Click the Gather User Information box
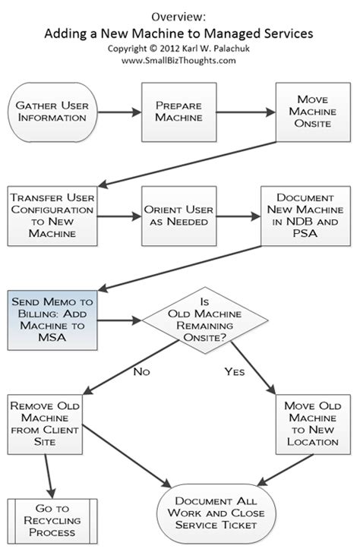coord(48,114)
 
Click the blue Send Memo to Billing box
coord(48,320)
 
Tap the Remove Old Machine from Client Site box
coord(48,427)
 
